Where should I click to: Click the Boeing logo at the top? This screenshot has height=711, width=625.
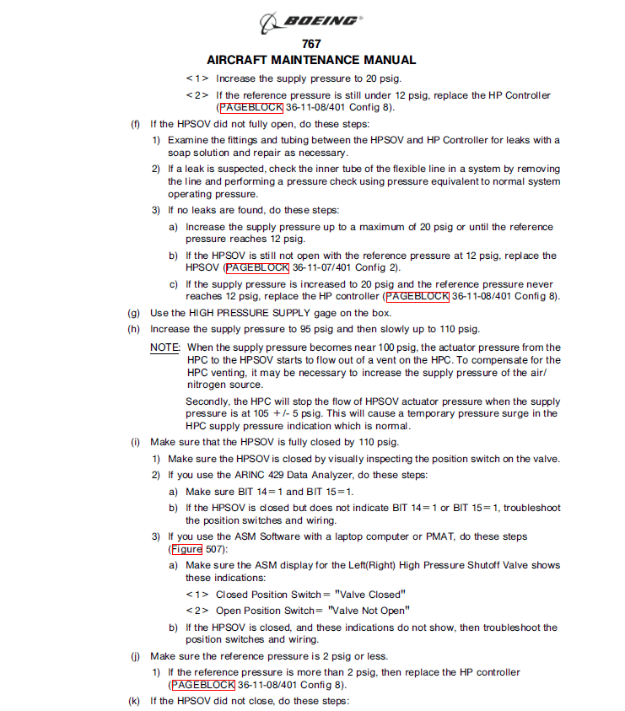pyautogui.click(x=311, y=21)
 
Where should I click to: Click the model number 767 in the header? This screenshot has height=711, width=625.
pyautogui.click(x=311, y=44)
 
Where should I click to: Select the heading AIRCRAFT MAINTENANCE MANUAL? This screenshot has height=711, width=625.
pyautogui.click(x=311, y=60)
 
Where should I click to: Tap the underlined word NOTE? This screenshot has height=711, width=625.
pyautogui.click(x=164, y=347)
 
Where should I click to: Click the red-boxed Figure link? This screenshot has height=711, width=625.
pyautogui.click(x=186, y=549)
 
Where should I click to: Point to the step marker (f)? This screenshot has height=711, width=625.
pyautogui.click(x=134, y=124)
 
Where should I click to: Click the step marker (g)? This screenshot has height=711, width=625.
pyautogui.click(x=134, y=313)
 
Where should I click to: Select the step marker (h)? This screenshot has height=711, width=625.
pyautogui.click(x=134, y=329)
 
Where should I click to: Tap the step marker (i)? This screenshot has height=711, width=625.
pyautogui.click(x=134, y=442)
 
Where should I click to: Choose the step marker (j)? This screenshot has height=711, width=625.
pyautogui.click(x=134, y=656)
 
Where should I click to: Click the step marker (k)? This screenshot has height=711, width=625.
pyautogui.click(x=134, y=701)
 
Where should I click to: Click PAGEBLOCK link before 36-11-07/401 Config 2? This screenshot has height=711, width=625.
pyautogui.click(x=257, y=268)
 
